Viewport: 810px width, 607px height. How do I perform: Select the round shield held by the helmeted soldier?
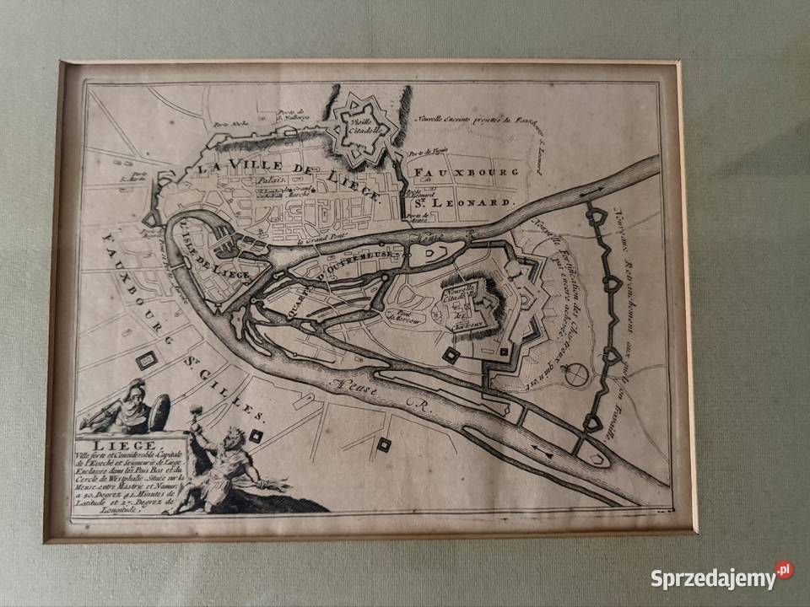159,412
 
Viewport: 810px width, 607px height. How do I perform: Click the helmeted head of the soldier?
132,389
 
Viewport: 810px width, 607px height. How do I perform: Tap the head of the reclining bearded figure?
234,438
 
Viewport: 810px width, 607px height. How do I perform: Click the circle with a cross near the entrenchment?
575,374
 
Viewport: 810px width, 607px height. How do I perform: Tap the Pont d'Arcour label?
402,314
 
